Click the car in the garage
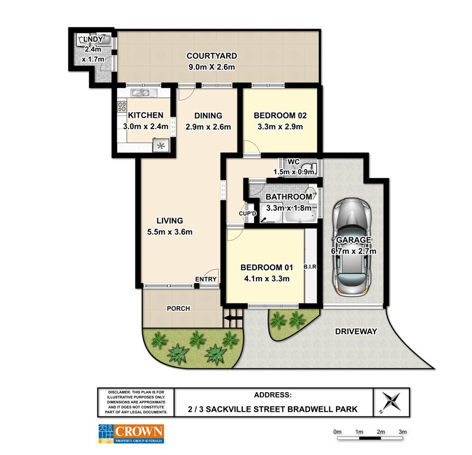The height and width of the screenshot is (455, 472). (351, 247)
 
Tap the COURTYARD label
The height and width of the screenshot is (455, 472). (212, 56)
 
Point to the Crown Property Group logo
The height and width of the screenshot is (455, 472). (131, 434)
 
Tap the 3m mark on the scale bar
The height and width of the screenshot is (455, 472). (403, 432)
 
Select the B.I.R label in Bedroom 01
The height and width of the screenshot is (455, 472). (310, 267)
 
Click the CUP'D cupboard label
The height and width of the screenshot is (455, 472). (247, 213)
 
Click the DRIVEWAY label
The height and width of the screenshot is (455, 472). (356, 332)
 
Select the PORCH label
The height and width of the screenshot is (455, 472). (179, 309)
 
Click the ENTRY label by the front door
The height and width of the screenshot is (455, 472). (206, 280)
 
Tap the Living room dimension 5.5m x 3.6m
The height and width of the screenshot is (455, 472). (170, 232)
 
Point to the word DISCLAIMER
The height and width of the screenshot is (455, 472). (119, 392)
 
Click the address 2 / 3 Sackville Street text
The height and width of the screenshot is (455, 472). (272, 409)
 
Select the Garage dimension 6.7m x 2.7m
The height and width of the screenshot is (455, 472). (354, 251)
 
